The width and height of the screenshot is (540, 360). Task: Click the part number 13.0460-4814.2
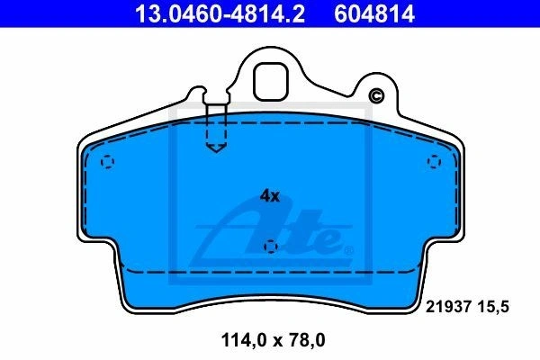[x=220, y=13]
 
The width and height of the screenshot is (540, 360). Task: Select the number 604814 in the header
[x=374, y=13]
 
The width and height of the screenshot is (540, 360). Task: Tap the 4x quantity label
[x=270, y=196]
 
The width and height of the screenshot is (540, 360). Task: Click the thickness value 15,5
[x=493, y=307]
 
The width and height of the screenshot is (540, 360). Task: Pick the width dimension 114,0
[x=244, y=340]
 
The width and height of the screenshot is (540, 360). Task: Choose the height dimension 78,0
[x=307, y=340]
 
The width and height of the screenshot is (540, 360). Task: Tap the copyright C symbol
[x=376, y=95]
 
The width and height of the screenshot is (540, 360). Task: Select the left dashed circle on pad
[x=107, y=162]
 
